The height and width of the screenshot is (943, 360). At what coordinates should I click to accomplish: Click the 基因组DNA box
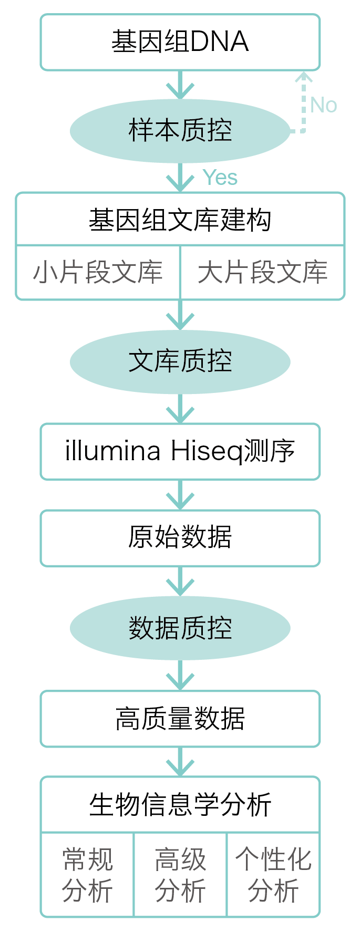180,42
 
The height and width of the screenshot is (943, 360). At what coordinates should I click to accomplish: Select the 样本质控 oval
180,130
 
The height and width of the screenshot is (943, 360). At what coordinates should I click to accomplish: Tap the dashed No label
323,105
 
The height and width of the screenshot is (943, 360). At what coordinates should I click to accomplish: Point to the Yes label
220,178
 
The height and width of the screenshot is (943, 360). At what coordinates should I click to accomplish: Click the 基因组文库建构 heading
180,220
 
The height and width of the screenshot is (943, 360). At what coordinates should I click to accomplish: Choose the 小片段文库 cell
98,273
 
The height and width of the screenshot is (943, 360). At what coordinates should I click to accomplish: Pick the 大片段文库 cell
262,273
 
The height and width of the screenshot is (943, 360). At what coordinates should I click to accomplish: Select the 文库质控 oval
180,361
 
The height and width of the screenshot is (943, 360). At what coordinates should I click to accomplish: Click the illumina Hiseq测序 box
180,451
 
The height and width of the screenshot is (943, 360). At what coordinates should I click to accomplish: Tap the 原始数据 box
180,537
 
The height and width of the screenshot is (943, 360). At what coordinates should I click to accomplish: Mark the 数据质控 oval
180,628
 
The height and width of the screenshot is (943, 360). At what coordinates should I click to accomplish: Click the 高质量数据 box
180,719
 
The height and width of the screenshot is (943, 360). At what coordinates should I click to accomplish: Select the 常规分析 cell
87,875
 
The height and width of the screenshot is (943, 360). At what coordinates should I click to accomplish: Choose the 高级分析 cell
180,875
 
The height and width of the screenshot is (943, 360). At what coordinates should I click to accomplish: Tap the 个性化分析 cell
273,875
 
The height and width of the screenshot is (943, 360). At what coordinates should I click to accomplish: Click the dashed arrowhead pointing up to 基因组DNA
303,78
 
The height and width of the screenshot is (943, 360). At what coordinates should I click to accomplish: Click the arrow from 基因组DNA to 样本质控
180,85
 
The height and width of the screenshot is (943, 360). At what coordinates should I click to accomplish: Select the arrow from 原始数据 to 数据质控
180,582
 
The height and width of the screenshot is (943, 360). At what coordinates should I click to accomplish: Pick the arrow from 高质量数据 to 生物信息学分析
180,762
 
